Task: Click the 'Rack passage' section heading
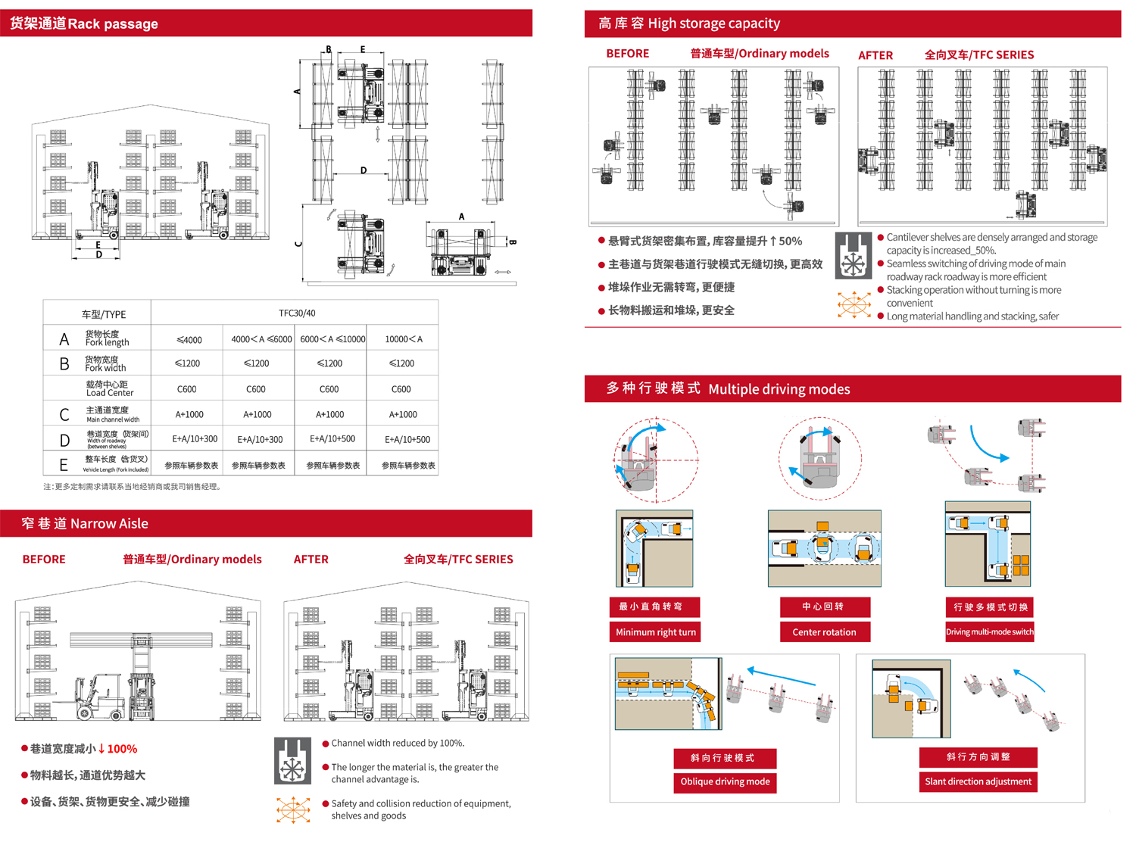[113, 23]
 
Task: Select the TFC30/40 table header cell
[297, 313]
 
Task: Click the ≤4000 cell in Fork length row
[189, 339]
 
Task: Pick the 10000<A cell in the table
[403, 339]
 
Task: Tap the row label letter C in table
[64, 415]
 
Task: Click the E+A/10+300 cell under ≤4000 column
[195, 439]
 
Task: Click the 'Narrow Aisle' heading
[109, 523]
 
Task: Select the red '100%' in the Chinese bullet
[122, 749]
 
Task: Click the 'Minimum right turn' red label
[655, 632]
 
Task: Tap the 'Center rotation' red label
[824, 632]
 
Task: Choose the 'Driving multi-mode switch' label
[989, 632]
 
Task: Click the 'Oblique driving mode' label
[725, 782]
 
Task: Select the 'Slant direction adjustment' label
[978, 782]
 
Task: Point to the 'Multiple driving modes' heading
[779, 389]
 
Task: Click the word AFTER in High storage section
[875, 55]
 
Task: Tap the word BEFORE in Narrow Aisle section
[44, 560]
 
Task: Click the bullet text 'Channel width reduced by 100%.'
[398, 744]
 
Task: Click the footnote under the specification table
[133, 487]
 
